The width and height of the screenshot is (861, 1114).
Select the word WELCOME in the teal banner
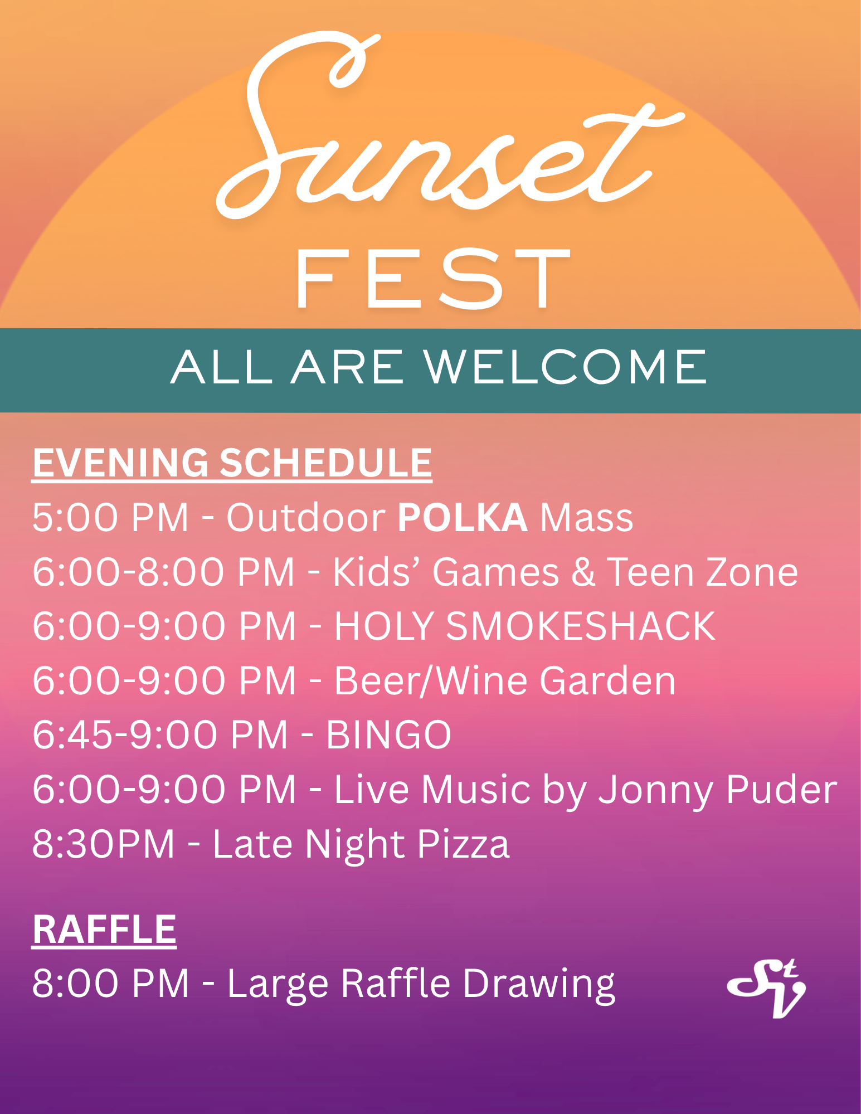click(x=565, y=367)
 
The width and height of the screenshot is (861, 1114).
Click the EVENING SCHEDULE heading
click(x=232, y=464)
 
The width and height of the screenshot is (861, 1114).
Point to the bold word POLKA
click(x=462, y=518)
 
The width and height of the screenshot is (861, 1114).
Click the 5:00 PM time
click(x=110, y=518)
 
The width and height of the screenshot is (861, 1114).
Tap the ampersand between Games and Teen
click(x=583, y=572)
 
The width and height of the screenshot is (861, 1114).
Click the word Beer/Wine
click(x=431, y=681)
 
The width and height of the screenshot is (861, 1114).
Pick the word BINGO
click(x=388, y=735)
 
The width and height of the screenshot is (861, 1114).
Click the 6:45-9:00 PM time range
click(x=160, y=735)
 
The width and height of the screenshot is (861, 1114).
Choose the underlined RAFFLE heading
click(x=104, y=930)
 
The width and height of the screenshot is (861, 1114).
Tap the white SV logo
click(x=767, y=989)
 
